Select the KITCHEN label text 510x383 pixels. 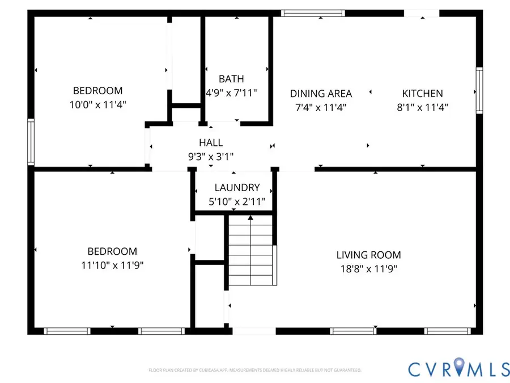[x=422, y=94]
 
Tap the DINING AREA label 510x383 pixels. [x=321, y=94]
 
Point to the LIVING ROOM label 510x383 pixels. [x=368, y=255]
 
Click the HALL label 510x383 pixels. [x=210, y=143]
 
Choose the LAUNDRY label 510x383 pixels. [x=237, y=188]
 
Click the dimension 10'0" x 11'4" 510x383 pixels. [x=97, y=104]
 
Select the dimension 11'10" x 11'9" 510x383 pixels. [x=112, y=266]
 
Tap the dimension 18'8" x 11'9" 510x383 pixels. [x=368, y=269]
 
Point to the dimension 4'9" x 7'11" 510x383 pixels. [x=231, y=93]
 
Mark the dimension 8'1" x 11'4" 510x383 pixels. [x=422, y=107]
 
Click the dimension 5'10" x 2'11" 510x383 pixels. [x=237, y=201]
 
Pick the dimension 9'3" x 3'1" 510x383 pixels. [x=210, y=157]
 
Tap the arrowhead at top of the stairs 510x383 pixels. [x=250, y=217]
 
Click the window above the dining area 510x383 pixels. [x=313, y=12]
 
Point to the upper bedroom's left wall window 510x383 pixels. [x=31, y=141]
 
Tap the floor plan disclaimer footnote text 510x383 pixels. [x=254, y=371]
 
